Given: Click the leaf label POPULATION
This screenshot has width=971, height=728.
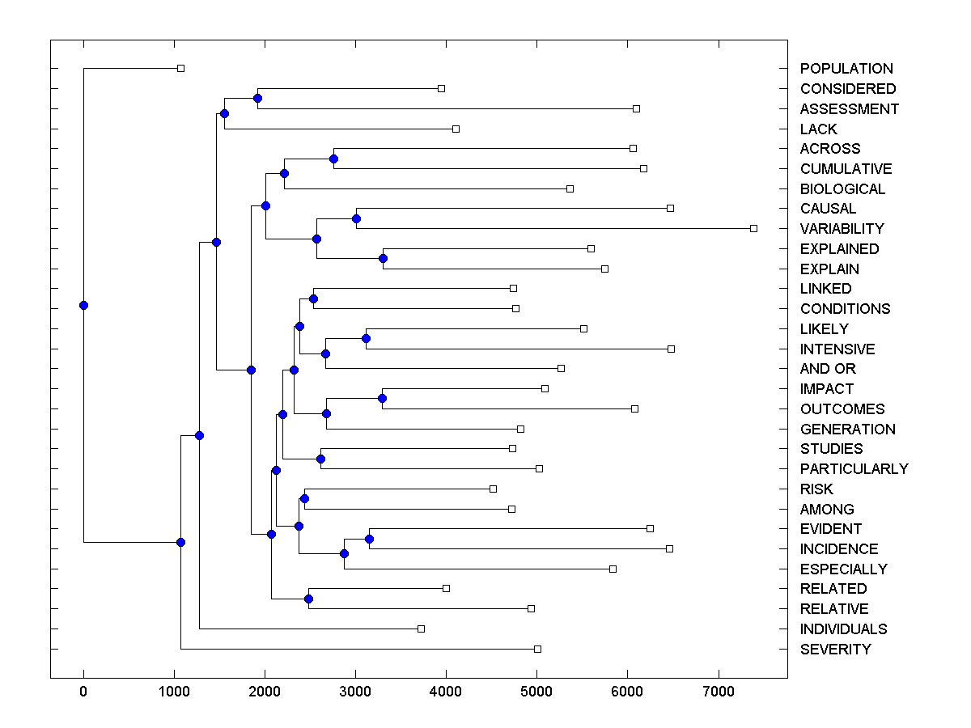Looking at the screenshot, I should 846,69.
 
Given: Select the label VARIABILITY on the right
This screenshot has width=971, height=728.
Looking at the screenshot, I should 842,229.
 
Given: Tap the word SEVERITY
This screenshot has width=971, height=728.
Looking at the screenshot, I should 835,650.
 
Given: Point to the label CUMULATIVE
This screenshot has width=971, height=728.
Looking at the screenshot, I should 846,169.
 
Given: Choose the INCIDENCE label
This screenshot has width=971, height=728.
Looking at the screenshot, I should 838,549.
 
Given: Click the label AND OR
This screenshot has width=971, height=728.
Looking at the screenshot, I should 827,369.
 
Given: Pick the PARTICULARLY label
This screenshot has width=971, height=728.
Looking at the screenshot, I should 854,469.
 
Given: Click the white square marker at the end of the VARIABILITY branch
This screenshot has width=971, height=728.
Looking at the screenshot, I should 753,229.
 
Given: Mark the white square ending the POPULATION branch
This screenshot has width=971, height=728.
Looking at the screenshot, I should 180,69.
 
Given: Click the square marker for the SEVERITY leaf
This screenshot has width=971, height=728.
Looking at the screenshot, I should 537,649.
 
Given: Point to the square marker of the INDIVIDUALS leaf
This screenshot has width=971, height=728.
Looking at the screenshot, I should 421,629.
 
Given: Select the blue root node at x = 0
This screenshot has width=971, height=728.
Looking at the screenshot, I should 83,305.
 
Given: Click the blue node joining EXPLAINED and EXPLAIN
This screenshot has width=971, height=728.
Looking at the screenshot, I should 383,259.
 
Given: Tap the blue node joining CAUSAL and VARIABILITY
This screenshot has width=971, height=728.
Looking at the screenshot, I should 356,218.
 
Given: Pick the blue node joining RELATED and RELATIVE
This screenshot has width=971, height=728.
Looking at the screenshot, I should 308,599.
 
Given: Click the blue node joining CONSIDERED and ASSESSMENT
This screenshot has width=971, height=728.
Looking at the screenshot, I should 257,99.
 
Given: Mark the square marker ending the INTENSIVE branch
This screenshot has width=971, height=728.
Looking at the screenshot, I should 671,349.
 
